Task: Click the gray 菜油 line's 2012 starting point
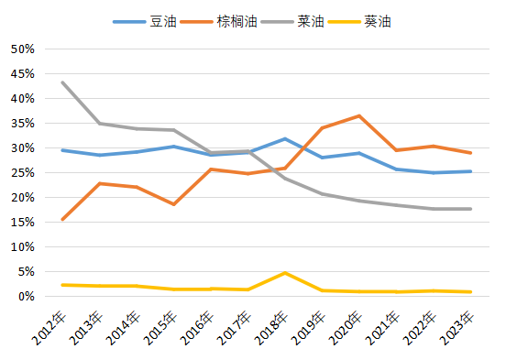tap(62, 82)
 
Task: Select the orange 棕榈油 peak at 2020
tap(359, 116)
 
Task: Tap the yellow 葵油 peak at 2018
tap(285, 273)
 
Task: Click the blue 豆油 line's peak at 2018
tap(285, 139)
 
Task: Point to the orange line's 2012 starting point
tap(62, 219)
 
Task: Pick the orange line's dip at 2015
tap(173, 204)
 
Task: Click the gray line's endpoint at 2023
tap(470, 209)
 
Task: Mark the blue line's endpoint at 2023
tap(470, 171)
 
